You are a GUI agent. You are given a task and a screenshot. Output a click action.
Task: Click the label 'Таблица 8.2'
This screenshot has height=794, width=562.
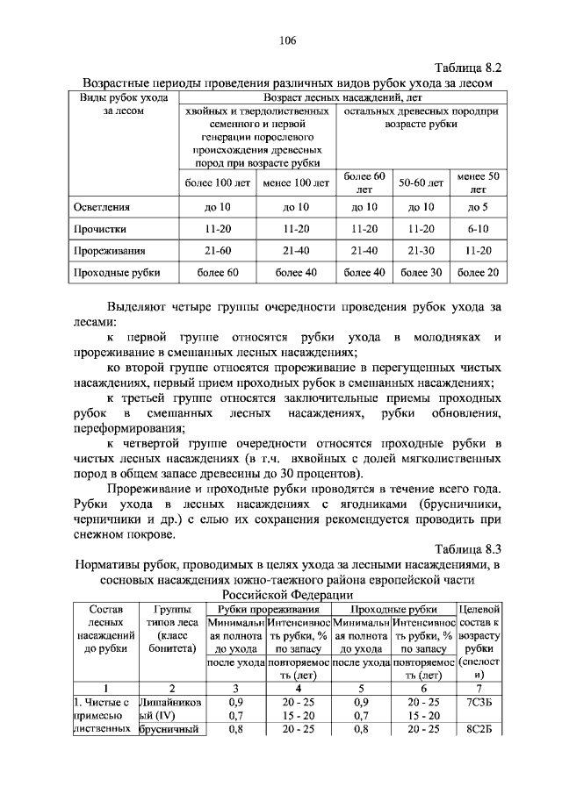[467, 67]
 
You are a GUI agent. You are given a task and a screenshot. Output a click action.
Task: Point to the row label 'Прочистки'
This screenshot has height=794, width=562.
[99, 229]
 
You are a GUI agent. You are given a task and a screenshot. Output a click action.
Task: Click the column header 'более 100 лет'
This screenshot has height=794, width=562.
[219, 183]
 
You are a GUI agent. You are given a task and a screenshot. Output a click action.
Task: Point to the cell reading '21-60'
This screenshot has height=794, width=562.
[219, 251]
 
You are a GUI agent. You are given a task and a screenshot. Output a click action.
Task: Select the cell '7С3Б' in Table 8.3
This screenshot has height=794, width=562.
[479, 704]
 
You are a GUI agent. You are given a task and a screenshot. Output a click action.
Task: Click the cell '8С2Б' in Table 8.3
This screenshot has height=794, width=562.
[479, 730]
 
